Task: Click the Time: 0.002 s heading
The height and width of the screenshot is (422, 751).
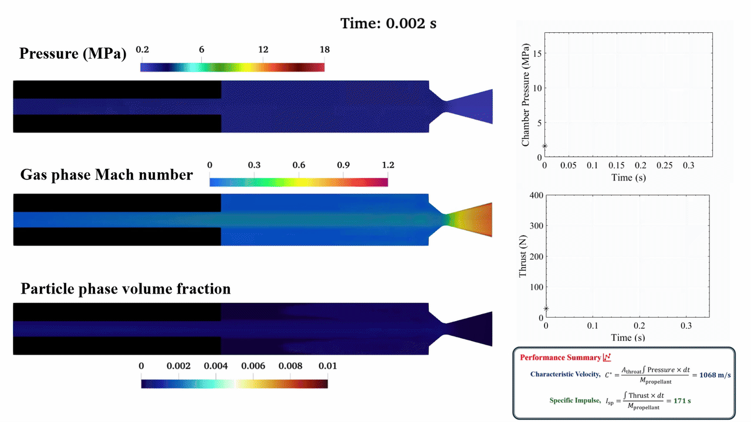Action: [x=388, y=23]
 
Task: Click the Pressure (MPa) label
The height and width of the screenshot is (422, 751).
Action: [x=73, y=54]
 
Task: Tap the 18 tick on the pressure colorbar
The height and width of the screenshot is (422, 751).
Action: [x=324, y=50]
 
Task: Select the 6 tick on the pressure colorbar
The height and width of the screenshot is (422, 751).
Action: [x=201, y=50]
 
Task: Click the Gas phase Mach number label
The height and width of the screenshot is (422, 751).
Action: [x=106, y=175]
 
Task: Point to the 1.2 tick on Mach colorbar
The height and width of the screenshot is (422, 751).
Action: [x=387, y=165]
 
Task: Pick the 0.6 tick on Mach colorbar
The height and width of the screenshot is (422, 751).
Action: [x=299, y=165]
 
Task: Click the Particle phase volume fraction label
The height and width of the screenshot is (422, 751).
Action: [x=126, y=289]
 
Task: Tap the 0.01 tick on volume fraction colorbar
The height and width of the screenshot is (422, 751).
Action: [x=327, y=366]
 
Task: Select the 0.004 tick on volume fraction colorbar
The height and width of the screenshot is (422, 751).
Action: [x=215, y=366]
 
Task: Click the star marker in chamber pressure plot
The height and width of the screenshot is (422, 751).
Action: [x=545, y=147]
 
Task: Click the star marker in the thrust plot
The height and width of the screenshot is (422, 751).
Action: [x=546, y=308]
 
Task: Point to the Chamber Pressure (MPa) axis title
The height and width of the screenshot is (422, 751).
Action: [x=526, y=94]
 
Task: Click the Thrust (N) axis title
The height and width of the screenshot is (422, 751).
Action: [x=523, y=256]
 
